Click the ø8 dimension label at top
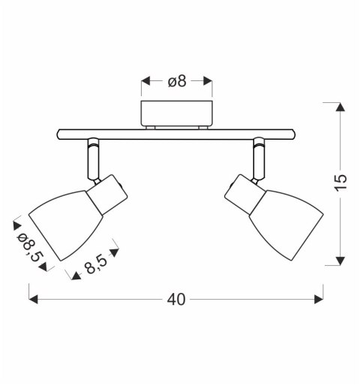(x=177, y=81)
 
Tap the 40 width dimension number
(x=176, y=300)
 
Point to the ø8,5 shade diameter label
(x=28, y=247)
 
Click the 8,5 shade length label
(x=97, y=264)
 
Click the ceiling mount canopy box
(x=176, y=113)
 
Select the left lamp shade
(x=66, y=225)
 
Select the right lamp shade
(x=286, y=225)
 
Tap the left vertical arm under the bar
(x=94, y=159)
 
